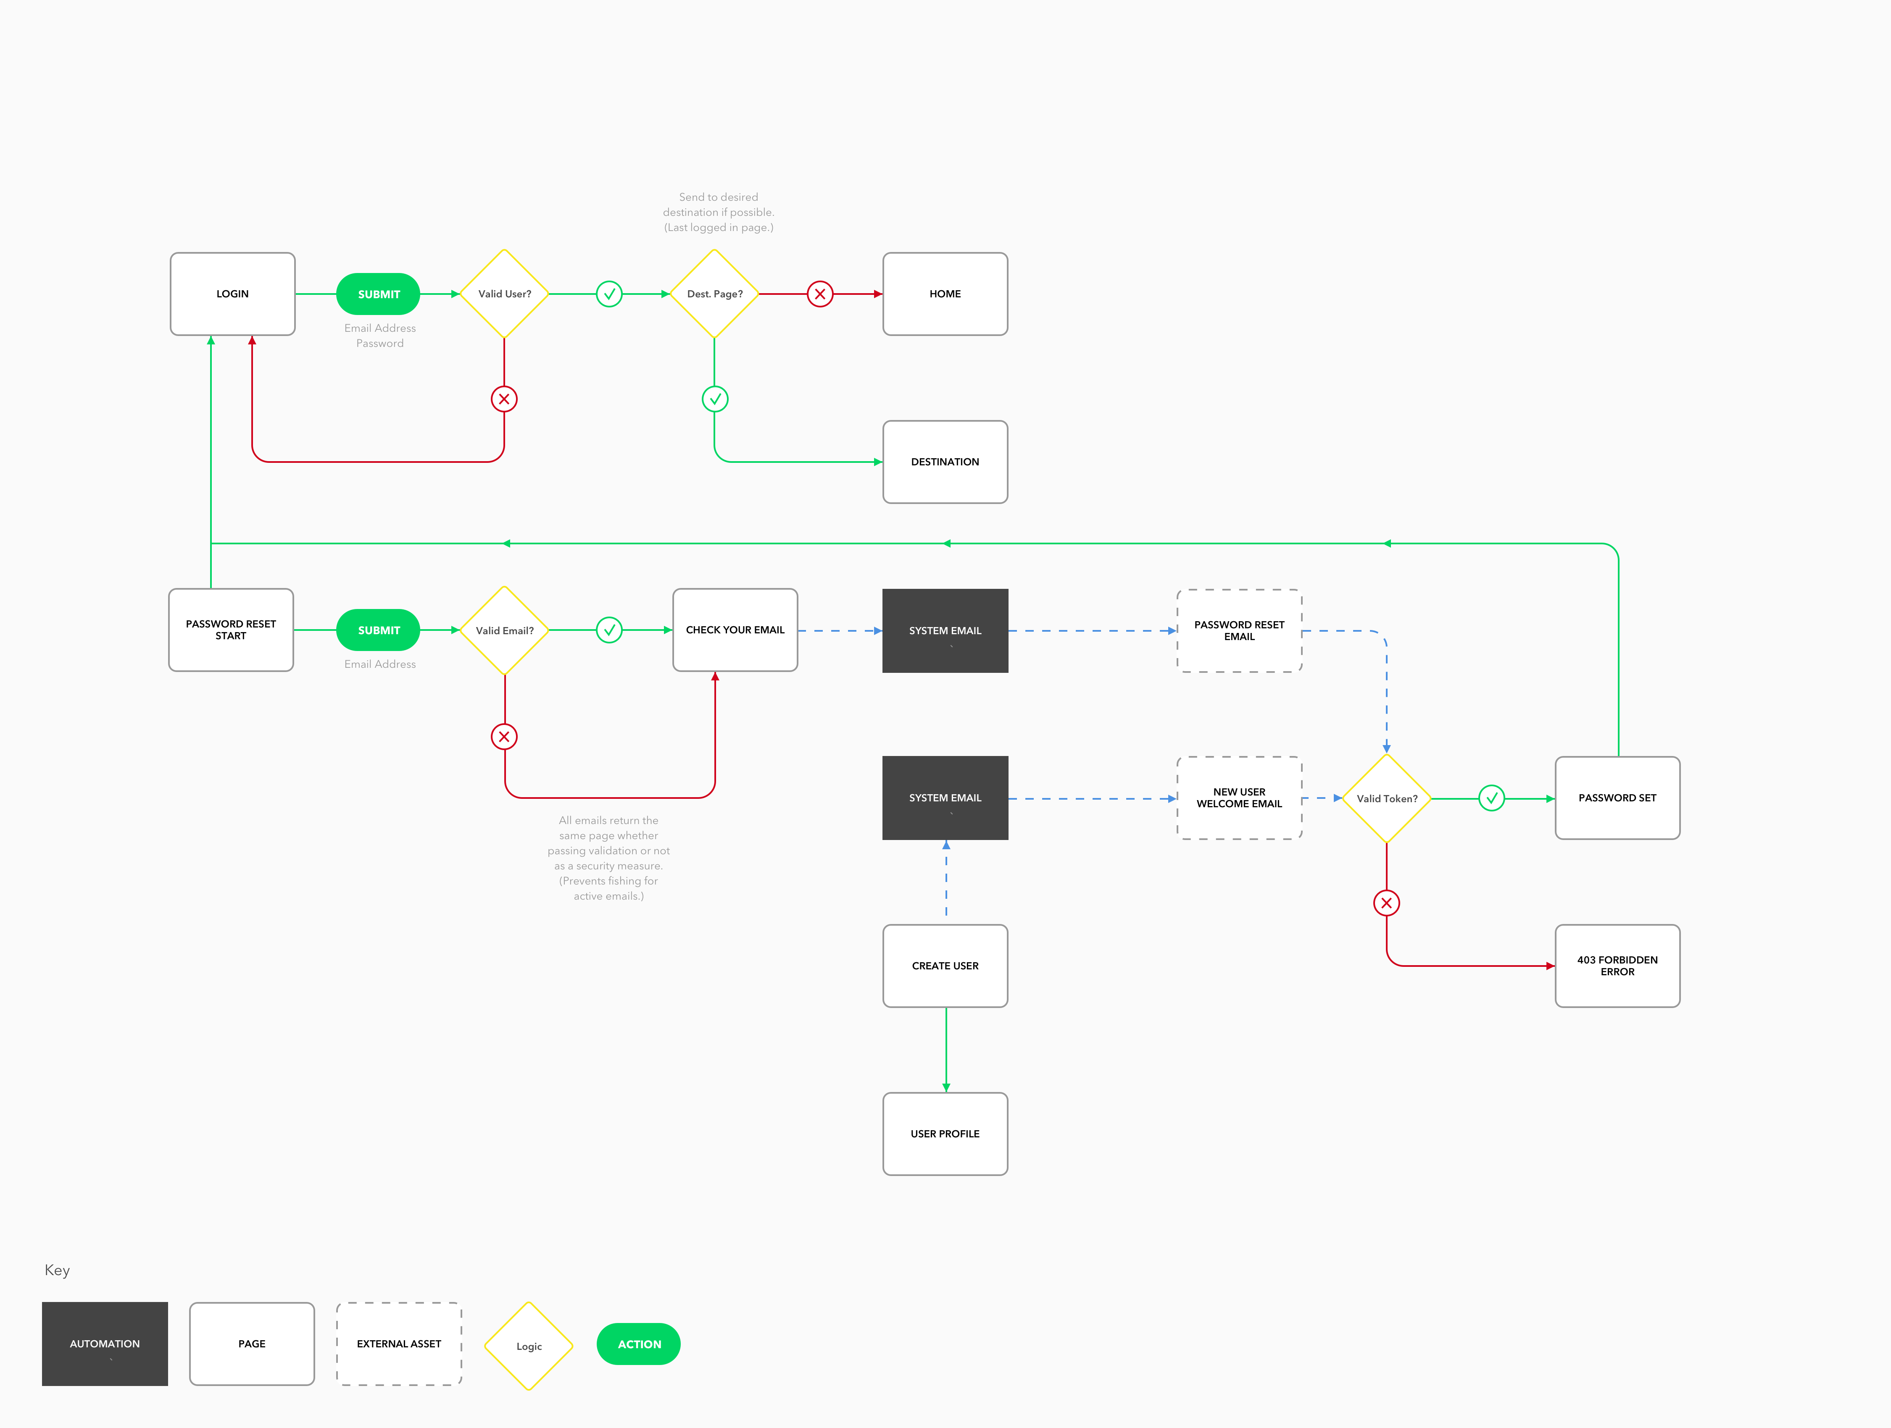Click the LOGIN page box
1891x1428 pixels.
(232, 294)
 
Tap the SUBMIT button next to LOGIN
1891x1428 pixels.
(379, 294)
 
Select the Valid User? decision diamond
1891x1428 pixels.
(504, 294)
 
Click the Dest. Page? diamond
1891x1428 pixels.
(715, 294)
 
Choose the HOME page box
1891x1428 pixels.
(945, 294)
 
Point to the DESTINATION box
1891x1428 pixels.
(945, 462)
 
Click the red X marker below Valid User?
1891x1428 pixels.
(504, 399)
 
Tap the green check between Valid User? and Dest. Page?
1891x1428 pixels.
(608, 294)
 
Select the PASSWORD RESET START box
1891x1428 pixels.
(231, 630)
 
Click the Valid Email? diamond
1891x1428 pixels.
(504, 631)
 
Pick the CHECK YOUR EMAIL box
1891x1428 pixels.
(735, 630)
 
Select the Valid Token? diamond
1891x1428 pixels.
(1387, 798)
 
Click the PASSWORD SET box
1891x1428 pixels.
(1617, 798)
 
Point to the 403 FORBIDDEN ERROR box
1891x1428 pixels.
(1617, 966)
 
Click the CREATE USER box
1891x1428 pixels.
(945, 966)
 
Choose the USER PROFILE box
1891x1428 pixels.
(945, 1134)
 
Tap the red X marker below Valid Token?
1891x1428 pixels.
(1387, 903)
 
